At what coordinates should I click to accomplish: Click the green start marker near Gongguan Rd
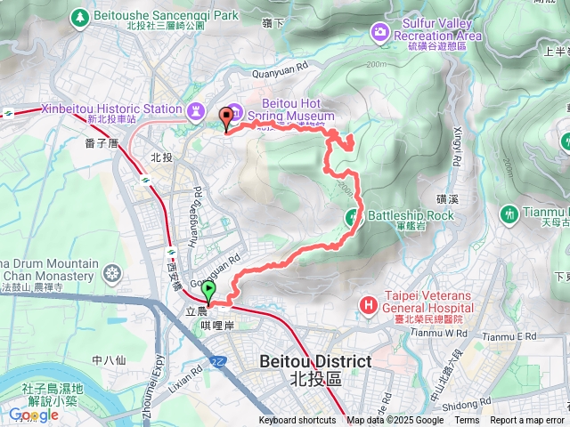pyautogui.click(x=209, y=291)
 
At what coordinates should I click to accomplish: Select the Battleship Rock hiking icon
pyautogui.click(x=353, y=215)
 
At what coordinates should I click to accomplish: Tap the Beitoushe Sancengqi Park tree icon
pyautogui.click(x=81, y=16)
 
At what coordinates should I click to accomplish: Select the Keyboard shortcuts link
pyautogui.click(x=297, y=421)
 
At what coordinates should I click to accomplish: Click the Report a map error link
pyautogui.click(x=527, y=421)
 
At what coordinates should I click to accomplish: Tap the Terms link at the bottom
pyautogui.click(x=467, y=421)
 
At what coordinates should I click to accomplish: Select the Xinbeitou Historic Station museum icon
pyautogui.click(x=195, y=109)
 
